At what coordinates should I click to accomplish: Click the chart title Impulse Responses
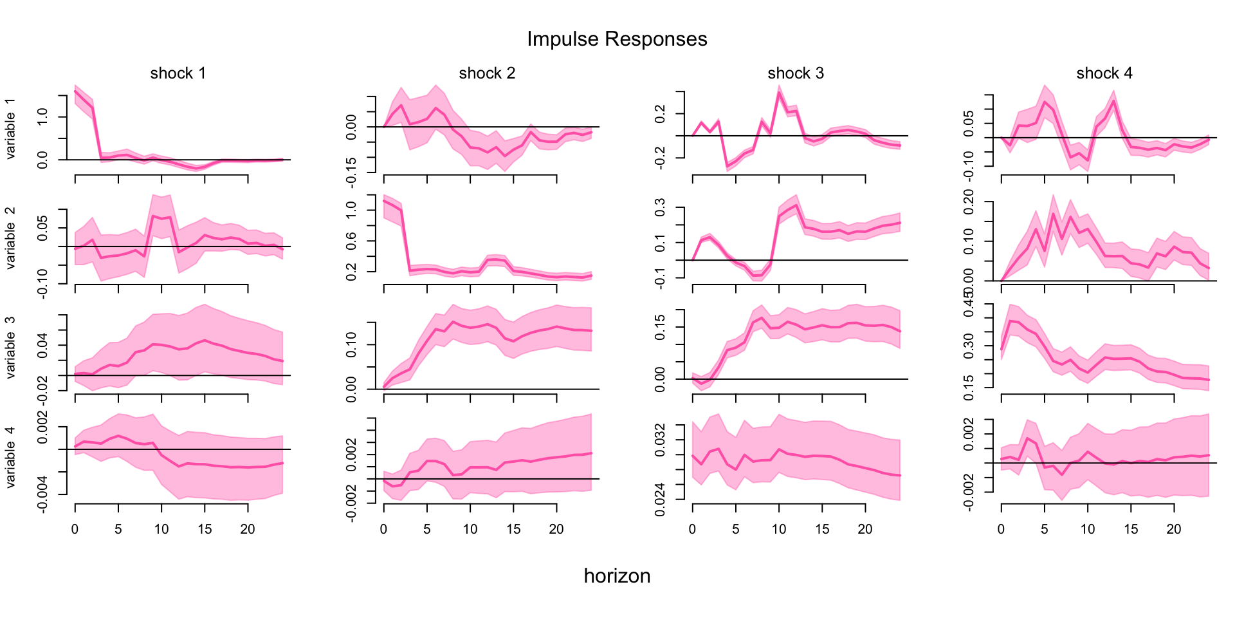pos(617,39)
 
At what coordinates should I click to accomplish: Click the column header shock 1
pos(178,73)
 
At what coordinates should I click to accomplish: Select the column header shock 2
pos(487,73)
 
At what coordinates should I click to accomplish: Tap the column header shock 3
pos(796,73)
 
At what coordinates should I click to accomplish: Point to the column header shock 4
pos(1104,73)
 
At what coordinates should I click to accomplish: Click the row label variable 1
pos(10,129)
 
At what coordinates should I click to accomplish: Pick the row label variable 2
pos(10,238)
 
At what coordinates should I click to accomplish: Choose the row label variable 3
pos(10,347)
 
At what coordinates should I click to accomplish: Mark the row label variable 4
pos(10,456)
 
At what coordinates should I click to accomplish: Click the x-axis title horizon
pos(617,576)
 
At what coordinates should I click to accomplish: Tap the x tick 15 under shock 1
pos(205,529)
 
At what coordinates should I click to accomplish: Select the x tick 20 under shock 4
pos(1174,529)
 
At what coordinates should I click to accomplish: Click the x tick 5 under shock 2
pos(427,529)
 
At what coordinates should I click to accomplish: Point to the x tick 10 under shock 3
pos(779,529)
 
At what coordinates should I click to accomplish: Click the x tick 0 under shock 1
pos(75,529)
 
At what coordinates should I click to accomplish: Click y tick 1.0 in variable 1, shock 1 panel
pos(42,117)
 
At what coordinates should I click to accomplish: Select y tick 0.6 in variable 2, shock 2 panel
pos(351,241)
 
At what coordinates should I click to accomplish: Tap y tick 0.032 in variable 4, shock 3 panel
pos(660,440)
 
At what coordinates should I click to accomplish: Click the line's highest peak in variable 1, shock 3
pos(779,93)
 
